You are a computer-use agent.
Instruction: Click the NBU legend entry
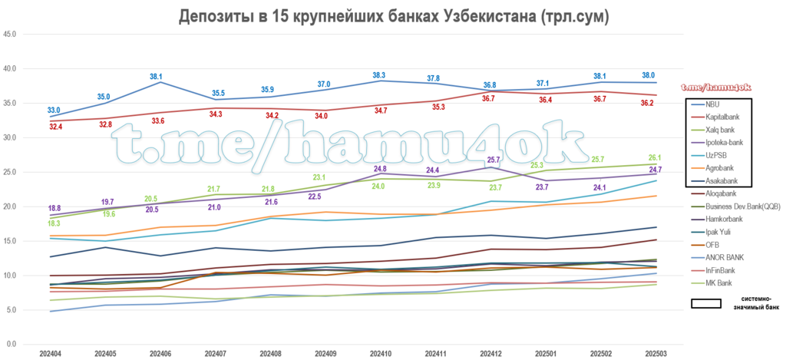point(712,104)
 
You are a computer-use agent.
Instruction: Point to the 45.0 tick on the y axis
point(10,35)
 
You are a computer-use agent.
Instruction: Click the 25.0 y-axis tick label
point(10,172)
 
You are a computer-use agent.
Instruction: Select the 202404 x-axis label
point(51,354)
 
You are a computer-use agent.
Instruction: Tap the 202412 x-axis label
point(490,354)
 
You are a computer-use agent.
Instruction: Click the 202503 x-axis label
point(655,354)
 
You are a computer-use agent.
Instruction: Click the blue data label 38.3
point(379,75)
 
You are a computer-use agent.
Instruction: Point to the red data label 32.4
point(55,127)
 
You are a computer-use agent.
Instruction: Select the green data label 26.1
point(656,157)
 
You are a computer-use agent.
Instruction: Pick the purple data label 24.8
point(379,169)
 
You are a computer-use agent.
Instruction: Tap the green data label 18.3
point(54,223)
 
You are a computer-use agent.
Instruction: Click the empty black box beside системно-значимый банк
point(706,303)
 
